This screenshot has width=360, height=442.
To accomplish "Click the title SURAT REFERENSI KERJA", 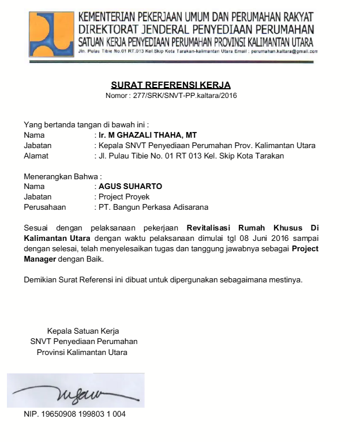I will tap(171, 85).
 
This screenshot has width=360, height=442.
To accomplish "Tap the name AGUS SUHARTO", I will tap(130, 186).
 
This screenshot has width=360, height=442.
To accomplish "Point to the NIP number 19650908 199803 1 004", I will tap(74, 414).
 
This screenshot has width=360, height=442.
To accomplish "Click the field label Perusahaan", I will tap(45, 207).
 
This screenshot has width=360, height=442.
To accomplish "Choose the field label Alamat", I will tap(36, 156).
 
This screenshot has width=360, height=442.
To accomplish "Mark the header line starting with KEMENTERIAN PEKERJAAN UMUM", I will tap(196, 17).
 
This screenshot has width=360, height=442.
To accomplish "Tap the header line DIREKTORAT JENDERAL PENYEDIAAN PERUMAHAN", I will tap(196, 29).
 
